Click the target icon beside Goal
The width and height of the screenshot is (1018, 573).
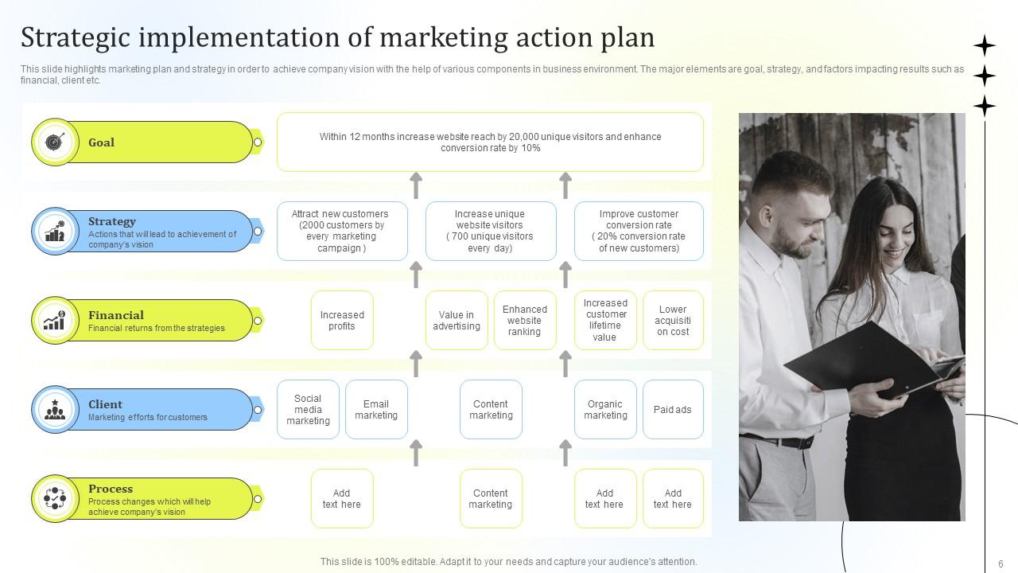pos(53,142)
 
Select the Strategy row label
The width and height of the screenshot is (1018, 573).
pos(112,221)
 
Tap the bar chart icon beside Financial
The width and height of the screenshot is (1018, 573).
pos(53,321)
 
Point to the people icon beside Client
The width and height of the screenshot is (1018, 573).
pos(53,410)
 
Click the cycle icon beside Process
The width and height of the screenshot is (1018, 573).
pos(53,499)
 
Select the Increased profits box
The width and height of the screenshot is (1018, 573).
pos(342,321)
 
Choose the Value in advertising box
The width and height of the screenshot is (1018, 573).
pos(457,321)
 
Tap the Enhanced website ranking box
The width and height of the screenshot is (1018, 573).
pos(525,321)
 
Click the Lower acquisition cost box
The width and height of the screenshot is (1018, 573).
pos(673,321)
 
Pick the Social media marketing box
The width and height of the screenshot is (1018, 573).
pos(308,410)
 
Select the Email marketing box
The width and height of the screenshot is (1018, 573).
pos(376,410)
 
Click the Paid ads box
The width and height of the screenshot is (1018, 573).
pos(673,410)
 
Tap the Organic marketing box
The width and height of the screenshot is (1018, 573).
pos(605,410)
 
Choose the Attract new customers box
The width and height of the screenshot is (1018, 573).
pos(342,232)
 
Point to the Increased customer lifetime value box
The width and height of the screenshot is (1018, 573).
pos(605,321)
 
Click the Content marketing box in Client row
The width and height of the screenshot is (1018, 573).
pos(491,410)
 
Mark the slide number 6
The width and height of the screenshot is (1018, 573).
pos(1001,563)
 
